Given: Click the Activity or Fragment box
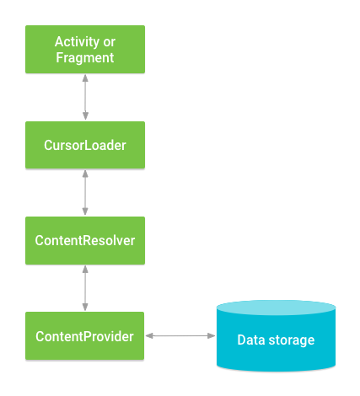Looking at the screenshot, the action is pos(85,50).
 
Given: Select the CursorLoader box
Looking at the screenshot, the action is pos(85,145).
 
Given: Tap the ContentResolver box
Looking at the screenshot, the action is pos(85,240).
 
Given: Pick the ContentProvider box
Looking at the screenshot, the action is pos(85,336).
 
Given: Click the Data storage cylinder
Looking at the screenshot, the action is pos(276,336).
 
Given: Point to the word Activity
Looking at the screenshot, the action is pos(77,42).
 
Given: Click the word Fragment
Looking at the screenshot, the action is pos(85,58).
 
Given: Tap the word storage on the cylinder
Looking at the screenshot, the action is pos(292,340).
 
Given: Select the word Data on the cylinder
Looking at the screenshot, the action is pos(251,340).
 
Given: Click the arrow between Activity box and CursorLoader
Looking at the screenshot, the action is pos(85,97).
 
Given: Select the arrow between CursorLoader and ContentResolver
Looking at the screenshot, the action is pos(85,193).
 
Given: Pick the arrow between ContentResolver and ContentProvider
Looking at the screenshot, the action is pos(85,288).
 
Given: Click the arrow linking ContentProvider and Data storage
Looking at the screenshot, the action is pos(180,335).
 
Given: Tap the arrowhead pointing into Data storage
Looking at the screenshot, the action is pos(212,335).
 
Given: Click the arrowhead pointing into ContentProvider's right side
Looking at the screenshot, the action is pos(149,335).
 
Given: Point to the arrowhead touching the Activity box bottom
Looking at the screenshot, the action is pos(85,78).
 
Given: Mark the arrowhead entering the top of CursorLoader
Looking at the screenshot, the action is pos(85,116).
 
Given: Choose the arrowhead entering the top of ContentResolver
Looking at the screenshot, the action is pos(85,211).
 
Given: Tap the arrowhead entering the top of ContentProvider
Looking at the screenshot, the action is pos(85,307).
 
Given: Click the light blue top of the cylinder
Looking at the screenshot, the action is pos(276,308).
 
